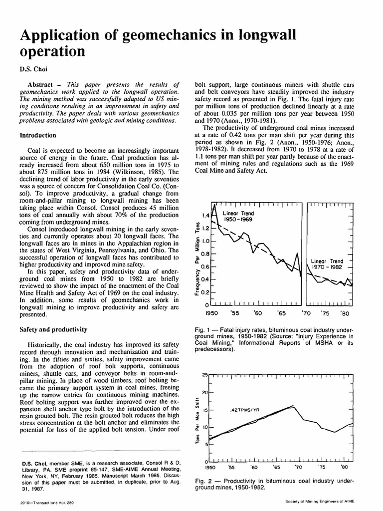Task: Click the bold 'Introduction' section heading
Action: coord(37,135)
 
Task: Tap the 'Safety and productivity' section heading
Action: coord(53,329)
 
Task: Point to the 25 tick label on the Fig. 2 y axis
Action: coord(204,375)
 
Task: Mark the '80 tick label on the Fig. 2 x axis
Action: coord(344,468)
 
